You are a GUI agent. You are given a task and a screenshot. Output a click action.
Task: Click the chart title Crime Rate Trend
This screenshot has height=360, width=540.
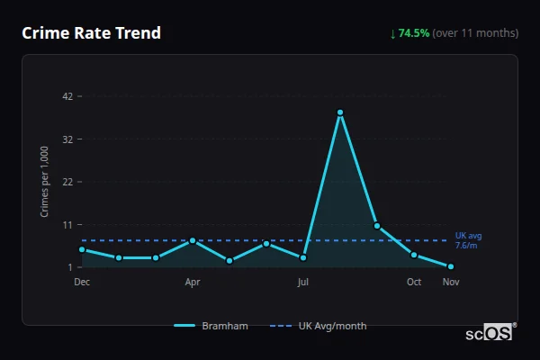[x=91, y=33]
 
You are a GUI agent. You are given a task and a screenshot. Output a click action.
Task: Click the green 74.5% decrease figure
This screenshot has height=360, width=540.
[x=414, y=33]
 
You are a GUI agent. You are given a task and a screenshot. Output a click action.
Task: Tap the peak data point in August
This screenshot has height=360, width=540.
[x=340, y=112]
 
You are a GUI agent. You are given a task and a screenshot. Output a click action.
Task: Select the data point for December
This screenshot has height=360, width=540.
[x=82, y=249]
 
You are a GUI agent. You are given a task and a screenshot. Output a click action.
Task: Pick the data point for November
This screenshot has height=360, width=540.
[x=451, y=266]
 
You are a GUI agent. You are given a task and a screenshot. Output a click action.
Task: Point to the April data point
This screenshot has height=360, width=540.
[x=193, y=240]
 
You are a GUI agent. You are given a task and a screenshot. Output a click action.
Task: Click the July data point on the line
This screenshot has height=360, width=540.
[x=303, y=257]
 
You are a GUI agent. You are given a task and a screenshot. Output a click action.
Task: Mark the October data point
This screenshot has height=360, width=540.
[x=414, y=255]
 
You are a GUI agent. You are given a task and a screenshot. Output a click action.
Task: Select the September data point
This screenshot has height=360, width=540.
[x=377, y=226]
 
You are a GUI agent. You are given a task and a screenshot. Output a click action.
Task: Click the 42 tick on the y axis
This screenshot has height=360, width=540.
[x=68, y=96]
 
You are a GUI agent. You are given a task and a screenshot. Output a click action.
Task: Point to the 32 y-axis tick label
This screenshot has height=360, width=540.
[x=68, y=139]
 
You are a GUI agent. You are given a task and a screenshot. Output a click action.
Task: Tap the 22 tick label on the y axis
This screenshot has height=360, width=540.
[x=68, y=182]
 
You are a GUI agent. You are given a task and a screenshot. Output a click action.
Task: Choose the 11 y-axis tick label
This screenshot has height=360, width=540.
[x=68, y=224]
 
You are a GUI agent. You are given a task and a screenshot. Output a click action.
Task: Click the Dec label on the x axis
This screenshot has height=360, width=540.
[x=82, y=282]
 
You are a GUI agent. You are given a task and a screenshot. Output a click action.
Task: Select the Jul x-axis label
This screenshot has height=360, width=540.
[x=303, y=282]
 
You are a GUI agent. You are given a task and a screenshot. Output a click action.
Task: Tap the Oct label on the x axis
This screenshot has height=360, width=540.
[x=414, y=282]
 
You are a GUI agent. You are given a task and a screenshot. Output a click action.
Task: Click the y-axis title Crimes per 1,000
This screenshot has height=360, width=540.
[x=45, y=182]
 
